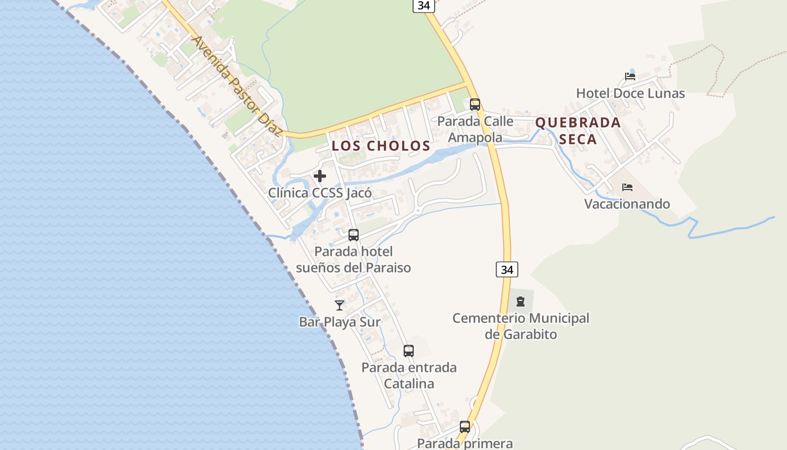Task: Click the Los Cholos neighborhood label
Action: click(x=381, y=146)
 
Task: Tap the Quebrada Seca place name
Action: click(x=578, y=130)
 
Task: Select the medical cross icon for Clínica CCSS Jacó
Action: click(x=320, y=176)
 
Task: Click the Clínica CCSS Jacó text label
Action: click(x=319, y=193)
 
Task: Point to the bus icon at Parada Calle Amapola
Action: click(x=475, y=104)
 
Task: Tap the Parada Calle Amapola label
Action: click(x=475, y=129)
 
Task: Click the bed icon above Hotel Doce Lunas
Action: click(x=630, y=76)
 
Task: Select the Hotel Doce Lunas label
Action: click(x=630, y=93)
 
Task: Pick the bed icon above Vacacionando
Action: click(x=627, y=187)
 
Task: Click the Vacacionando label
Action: click(x=627, y=204)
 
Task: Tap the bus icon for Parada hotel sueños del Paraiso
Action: click(x=353, y=235)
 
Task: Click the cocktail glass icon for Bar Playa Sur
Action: click(x=340, y=305)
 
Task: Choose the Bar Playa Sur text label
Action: click(x=340, y=322)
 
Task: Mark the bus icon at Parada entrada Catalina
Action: click(x=409, y=351)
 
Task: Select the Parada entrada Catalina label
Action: click(x=409, y=376)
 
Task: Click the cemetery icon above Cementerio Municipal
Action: click(x=521, y=301)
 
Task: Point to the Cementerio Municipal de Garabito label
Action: click(x=521, y=326)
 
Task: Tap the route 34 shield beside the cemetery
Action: click(x=507, y=269)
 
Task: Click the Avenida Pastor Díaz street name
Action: click(x=236, y=87)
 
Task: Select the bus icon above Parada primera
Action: click(x=465, y=427)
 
